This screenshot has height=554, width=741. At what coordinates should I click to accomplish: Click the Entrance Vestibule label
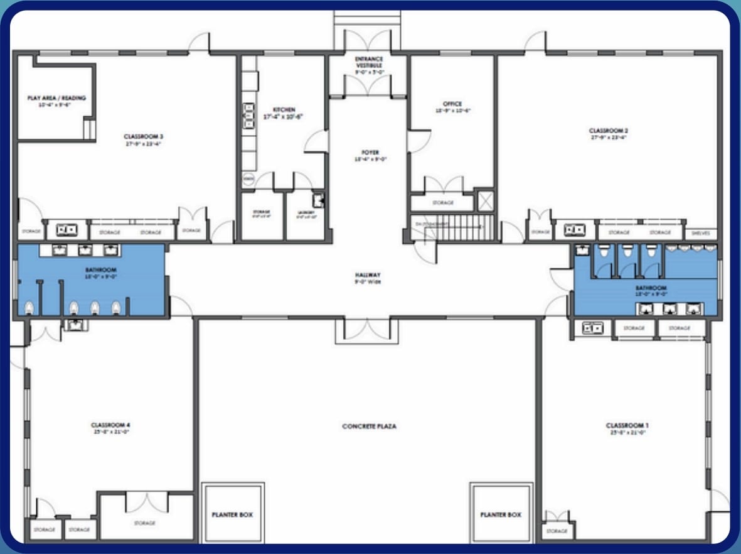(369, 62)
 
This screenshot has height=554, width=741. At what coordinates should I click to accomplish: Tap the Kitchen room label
(284, 110)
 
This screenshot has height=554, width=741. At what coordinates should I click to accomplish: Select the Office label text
(452, 104)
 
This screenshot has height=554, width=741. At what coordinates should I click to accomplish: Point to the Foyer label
(370, 153)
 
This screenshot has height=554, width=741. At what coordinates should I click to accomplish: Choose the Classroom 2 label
(609, 131)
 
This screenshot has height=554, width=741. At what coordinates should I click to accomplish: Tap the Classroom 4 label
(110, 425)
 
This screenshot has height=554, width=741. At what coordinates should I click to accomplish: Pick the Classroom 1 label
(626, 426)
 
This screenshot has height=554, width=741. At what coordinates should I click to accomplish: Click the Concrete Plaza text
(369, 426)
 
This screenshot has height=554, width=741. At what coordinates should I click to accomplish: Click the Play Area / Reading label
(56, 98)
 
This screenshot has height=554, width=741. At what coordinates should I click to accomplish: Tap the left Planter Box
(232, 514)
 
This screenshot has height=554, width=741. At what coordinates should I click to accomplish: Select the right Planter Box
(501, 514)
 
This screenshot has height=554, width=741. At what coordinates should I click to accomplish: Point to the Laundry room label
(305, 212)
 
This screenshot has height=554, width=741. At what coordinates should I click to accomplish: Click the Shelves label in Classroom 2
(700, 232)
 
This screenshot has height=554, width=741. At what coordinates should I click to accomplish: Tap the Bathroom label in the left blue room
(101, 269)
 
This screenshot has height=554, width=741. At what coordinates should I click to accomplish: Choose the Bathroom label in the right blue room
(651, 288)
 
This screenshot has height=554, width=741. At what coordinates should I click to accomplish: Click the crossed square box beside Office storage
(485, 201)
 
